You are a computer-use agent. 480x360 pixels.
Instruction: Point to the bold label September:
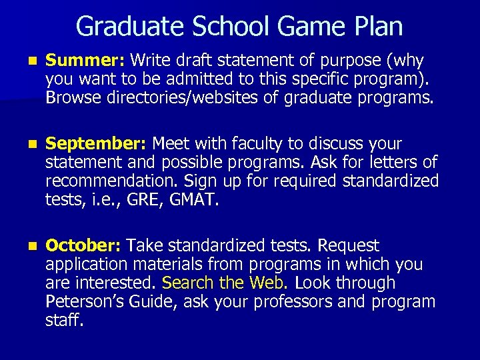[x=97, y=144]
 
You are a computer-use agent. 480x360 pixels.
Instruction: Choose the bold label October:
[x=83, y=246]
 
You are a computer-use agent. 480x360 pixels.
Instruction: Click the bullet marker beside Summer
[x=25, y=61]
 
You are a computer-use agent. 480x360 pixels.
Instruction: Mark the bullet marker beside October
[x=25, y=247]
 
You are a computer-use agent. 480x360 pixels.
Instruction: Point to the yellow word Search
[x=188, y=283]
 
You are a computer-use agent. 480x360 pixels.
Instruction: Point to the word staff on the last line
[x=64, y=320]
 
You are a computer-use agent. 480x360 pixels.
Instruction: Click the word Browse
[x=71, y=99]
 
